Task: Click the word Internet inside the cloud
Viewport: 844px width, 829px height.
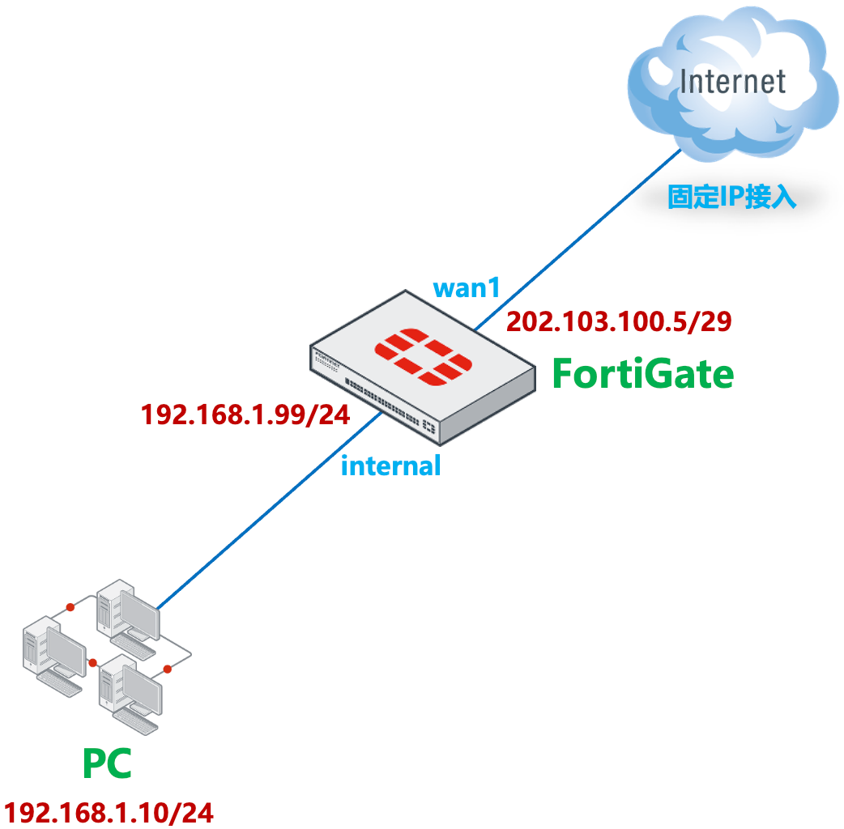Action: (x=732, y=82)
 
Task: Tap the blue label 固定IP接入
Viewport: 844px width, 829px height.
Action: (x=731, y=198)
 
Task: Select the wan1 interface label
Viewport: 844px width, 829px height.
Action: (x=467, y=288)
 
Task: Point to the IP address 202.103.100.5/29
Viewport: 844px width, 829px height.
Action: (x=619, y=322)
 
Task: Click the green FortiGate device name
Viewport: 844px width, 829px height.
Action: (x=642, y=374)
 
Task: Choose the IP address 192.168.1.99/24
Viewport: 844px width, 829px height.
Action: (x=245, y=415)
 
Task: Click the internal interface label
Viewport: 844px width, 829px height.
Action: (x=390, y=466)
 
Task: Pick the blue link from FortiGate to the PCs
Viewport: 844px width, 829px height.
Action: (x=267, y=510)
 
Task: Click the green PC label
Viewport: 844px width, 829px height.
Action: (x=106, y=763)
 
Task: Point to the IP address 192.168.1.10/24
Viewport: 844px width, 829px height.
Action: (x=109, y=812)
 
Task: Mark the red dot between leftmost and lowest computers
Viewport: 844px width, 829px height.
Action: (x=93, y=661)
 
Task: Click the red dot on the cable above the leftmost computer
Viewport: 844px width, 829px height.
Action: (x=70, y=606)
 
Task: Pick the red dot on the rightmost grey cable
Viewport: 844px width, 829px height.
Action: (x=168, y=669)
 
